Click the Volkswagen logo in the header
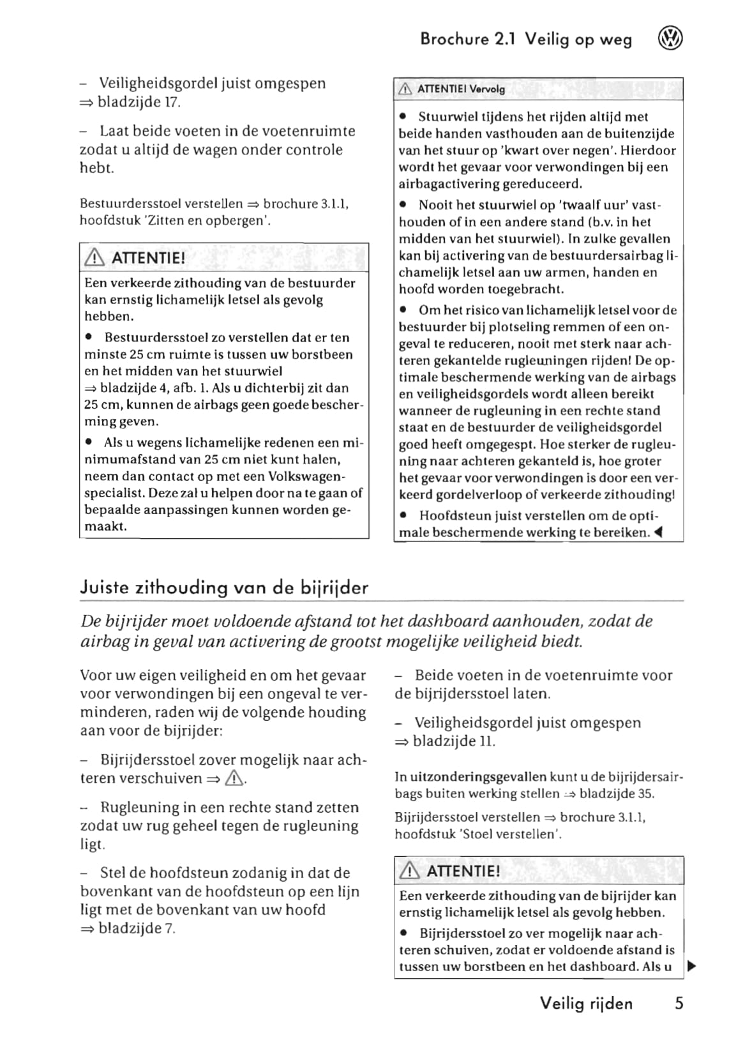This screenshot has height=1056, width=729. (670, 39)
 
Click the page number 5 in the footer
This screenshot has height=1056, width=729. (679, 1003)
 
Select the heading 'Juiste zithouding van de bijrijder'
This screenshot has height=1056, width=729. (224, 587)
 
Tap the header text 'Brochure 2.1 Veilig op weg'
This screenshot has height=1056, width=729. (526, 40)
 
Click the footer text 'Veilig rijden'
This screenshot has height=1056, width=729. (586, 1003)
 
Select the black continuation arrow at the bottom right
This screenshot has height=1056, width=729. (691, 966)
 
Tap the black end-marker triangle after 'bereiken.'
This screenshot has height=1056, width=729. (659, 532)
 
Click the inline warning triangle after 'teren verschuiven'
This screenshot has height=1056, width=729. (235, 778)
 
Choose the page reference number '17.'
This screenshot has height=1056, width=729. (172, 102)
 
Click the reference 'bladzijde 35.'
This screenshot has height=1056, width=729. (617, 794)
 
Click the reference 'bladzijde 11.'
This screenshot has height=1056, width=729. (454, 741)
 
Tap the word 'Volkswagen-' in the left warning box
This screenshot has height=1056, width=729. (306, 476)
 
